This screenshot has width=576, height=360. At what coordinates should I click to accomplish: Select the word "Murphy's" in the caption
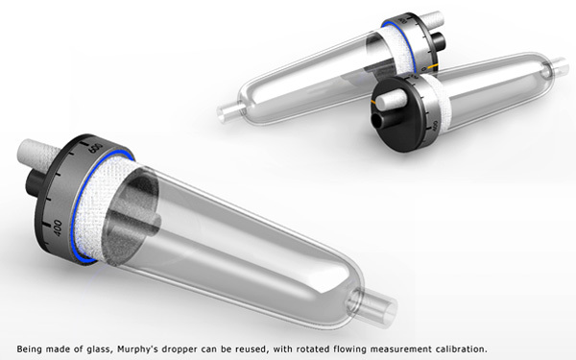point(166,347)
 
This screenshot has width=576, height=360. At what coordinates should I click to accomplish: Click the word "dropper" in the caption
point(210,347)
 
